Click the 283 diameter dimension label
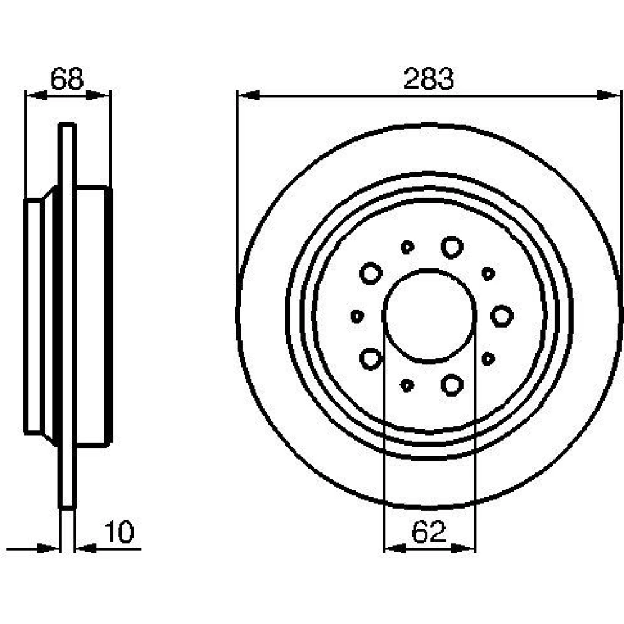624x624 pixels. click(x=428, y=79)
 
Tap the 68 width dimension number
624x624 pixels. click(x=67, y=79)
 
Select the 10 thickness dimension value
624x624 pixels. click(x=119, y=532)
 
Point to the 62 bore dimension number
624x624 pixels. click(x=429, y=532)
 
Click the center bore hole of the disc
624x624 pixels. click(x=429, y=316)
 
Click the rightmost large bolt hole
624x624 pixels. click(x=502, y=316)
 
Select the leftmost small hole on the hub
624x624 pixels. click(x=358, y=316)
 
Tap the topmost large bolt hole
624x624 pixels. click(x=452, y=247)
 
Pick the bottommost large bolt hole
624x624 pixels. click(x=452, y=385)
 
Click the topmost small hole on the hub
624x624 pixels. click(x=407, y=247)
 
